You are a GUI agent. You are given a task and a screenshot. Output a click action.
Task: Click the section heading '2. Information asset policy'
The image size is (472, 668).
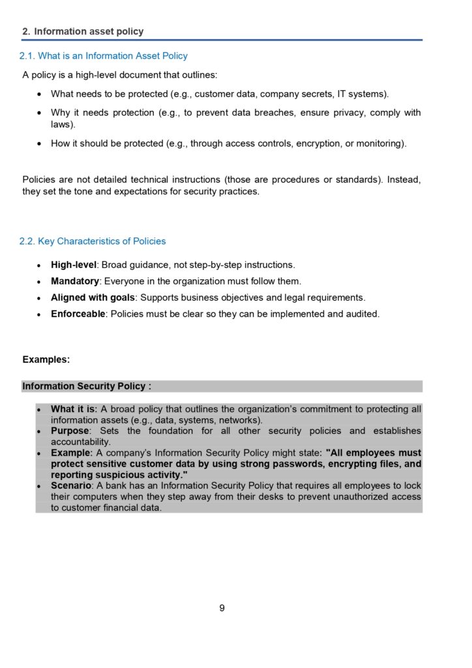click(83, 31)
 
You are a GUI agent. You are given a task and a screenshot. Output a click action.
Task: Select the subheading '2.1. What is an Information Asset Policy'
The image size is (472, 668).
click(103, 56)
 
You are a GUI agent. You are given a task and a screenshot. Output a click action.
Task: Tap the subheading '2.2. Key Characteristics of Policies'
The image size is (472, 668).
click(92, 241)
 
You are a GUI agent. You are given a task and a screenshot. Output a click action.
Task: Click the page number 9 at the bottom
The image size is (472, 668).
click(222, 608)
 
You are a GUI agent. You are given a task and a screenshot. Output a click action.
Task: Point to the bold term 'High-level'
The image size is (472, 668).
click(74, 265)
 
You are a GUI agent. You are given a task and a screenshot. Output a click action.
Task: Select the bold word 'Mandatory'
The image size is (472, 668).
click(75, 281)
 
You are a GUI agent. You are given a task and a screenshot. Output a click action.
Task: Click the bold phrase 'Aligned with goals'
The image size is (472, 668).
click(93, 297)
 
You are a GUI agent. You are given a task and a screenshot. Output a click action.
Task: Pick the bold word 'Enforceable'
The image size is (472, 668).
click(78, 314)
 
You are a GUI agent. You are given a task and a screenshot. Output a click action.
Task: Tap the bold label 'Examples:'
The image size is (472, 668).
click(46, 359)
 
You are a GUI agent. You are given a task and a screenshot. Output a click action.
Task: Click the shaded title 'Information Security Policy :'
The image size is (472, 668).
click(87, 386)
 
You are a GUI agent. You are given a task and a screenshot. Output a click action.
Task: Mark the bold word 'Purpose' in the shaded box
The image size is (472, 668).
click(70, 431)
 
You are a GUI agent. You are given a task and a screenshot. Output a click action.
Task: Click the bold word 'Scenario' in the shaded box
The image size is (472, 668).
click(71, 486)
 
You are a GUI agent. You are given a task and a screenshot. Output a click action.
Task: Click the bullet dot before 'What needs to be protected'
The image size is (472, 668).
click(40, 95)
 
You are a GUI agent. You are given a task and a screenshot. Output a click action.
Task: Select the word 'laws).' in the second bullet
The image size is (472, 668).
click(63, 124)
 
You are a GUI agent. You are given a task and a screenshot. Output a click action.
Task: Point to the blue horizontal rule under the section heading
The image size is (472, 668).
click(222, 40)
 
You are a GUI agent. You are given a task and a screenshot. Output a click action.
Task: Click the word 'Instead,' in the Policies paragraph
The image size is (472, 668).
click(404, 179)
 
